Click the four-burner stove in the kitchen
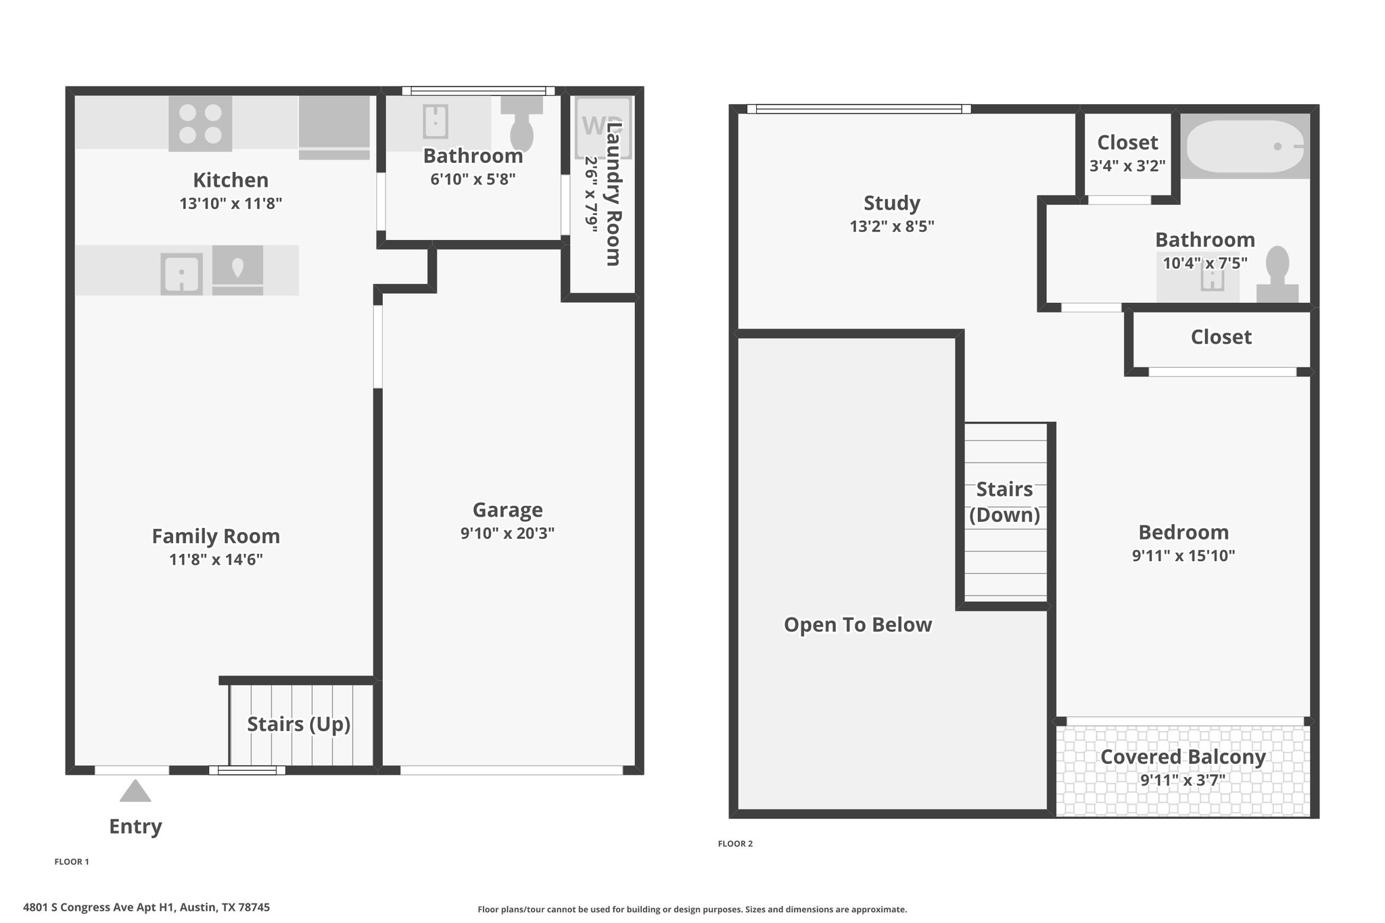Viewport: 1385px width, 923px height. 200,123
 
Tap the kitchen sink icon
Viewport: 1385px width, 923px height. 182,274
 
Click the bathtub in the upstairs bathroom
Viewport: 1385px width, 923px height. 1245,146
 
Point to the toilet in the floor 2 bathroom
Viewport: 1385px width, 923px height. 1277,274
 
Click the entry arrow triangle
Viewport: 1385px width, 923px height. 135,790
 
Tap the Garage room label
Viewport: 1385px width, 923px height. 507,509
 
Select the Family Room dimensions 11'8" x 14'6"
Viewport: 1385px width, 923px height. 216,559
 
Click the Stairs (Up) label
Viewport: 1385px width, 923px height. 298,724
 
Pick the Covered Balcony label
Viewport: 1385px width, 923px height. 1183,757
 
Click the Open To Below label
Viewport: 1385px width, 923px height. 858,624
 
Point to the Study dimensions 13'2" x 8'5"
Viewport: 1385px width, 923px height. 892,226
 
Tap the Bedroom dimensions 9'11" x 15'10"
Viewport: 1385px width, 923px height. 1183,555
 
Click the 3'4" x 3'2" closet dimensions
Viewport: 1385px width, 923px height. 1127,165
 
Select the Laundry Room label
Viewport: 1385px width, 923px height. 613,193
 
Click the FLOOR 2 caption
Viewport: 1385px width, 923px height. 735,843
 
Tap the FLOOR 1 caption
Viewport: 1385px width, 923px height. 72,861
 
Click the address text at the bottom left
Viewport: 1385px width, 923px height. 146,907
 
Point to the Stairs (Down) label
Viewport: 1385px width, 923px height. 1004,502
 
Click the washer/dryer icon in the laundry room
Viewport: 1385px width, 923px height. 603,127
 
